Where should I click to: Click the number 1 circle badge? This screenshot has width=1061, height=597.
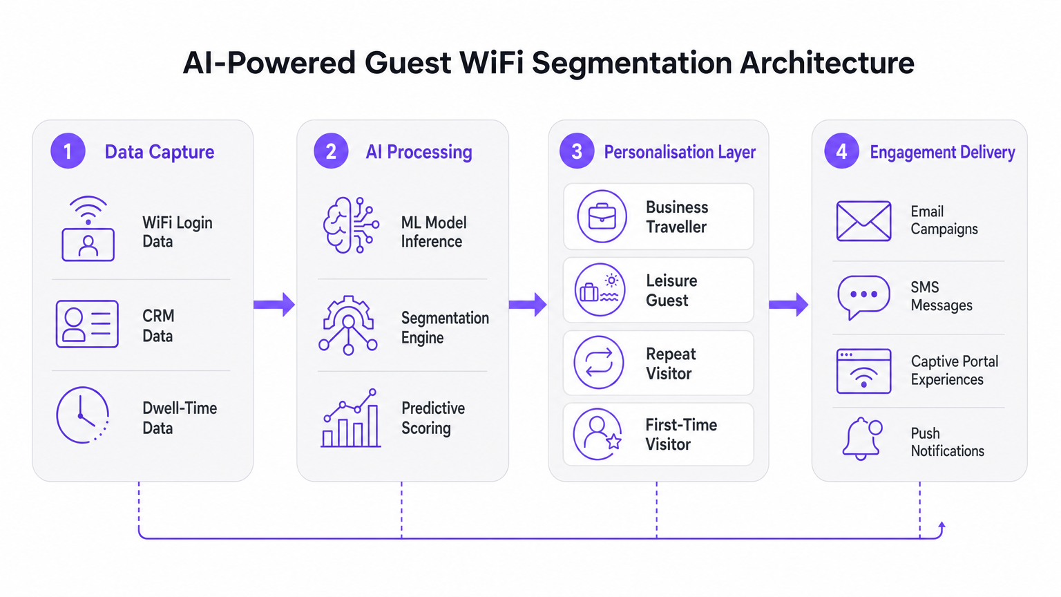tap(68, 151)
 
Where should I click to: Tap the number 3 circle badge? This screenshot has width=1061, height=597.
tap(577, 151)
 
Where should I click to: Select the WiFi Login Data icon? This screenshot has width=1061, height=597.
tap(88, 229)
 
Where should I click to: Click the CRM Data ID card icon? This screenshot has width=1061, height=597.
tap(87, 324)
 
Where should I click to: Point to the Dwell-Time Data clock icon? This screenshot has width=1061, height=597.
tap(83, 415)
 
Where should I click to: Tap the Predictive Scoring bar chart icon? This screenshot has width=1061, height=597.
tap(351, 419)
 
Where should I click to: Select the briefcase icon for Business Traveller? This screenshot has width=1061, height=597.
tap(602, 216)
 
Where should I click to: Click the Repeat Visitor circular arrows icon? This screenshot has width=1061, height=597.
tap(599, 363)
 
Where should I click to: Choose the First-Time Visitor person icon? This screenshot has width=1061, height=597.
tap(598, 435)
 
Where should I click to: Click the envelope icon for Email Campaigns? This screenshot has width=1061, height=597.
tap(863, 221)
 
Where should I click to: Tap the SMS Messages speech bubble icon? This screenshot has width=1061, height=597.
tap(863, 296)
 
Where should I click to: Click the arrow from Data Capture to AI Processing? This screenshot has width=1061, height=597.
tap(274, 304)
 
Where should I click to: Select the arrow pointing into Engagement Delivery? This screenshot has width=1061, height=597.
tap(788, 304)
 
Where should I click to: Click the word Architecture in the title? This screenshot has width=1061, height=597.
tap(827, 63)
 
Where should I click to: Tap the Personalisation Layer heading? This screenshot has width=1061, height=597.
tap(680, 152)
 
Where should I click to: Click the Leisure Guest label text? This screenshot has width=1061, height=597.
tap(671, 290)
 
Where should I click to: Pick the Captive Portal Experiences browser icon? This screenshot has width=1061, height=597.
tap(863, 371)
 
